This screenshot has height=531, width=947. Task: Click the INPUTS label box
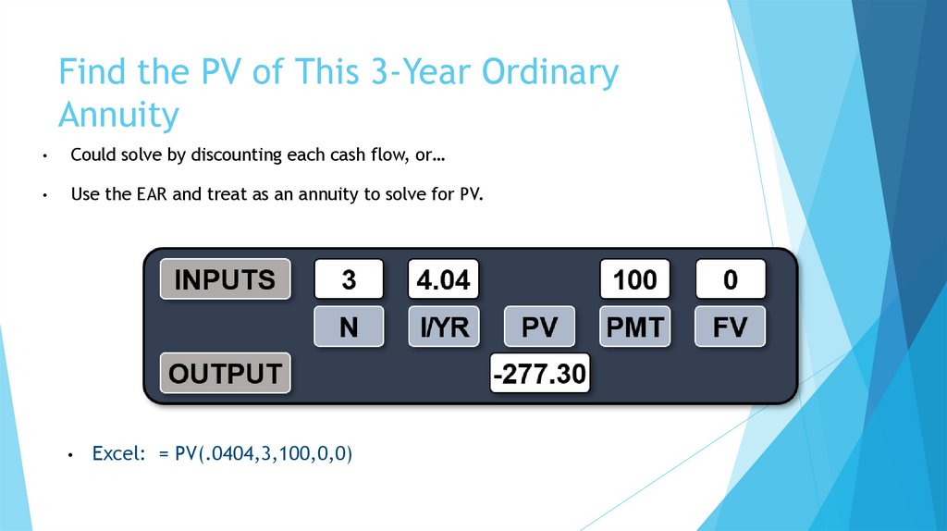pyautogui.click(x=225, y=279)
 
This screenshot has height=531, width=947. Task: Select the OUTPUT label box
pyautogui.click(x=225, y=374)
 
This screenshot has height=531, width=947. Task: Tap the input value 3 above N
pyautogui.click(x=349, y=279)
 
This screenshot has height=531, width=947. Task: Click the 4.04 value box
pyautogui.click(x=443, y=279)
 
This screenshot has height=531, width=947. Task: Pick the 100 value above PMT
pyautogui.click(x=634, y=279)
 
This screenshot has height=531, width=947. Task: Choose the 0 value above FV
pyautogui.click(x=730, y=279)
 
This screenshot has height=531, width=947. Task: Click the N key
pyautogui.click(x=349, y=327)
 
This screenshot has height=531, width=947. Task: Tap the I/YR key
pyautogui.click(x=443, y=327)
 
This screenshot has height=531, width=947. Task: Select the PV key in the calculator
pyautogui.click(x=539, y=327)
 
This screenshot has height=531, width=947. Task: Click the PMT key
pyautogui.click(x=634, y=327)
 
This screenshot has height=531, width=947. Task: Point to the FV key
pyautogui.click(x=730, y=327)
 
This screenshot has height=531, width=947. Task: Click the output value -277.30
pyautogui.click(x=539, y=374)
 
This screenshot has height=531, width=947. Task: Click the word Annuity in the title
pyautogui.click(x=117, y=116)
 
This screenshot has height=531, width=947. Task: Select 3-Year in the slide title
pyautogui.click(x=340, y=72)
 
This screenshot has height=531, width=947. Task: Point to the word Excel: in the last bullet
pyautogui.click(x=119, y=454)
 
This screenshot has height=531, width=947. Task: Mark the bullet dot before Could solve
pyautogui.click(x=43, y=155)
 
